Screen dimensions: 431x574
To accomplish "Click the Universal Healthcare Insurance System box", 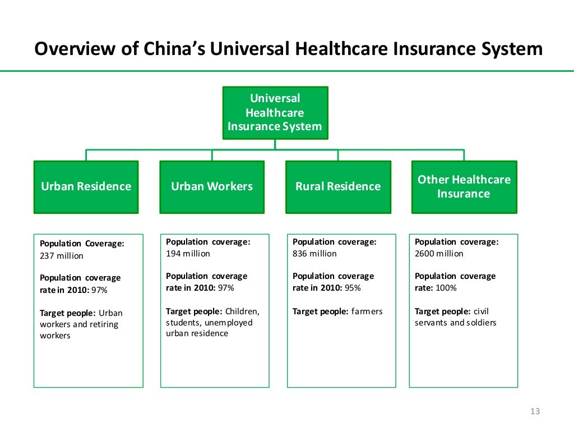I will pyautogui.click(x=275, y=112).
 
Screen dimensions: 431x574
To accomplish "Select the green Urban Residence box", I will pyautogui.click(x=86, y=187).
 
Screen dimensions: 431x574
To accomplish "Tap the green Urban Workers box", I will pyautogui.click(x=212, y=187).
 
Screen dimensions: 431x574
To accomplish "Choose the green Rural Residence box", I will pyautogui.click(x=338, y=187).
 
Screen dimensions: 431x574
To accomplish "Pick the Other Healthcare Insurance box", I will pyautogui.click(x=464, y=187).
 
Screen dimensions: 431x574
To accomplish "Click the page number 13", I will pyautogui.click(x=534, y=412).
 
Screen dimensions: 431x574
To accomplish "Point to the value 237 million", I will pyautogui.click(x=62, y=256).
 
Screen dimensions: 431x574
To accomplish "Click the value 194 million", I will pyautogui.click(x=188, y=254).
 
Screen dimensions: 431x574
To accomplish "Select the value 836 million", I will pyautogui.click(x=314, y=254).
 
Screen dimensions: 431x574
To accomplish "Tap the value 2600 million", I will pyautogui.click(x=439, y=254).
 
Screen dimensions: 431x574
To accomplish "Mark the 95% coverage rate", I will pyautogui.click(x=353, y=288).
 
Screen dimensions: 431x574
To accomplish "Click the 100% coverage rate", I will pyautogui.click(x=446, y=288).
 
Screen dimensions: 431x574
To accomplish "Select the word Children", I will pyautogui.click(x=242, y=311).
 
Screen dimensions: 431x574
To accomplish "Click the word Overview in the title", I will pyautogui.click(x=75, y=49).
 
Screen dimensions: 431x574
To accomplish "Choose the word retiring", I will pyautogui.click(x=104, y=324).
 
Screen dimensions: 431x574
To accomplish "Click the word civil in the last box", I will pyautogui.click(x=482, y=311).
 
